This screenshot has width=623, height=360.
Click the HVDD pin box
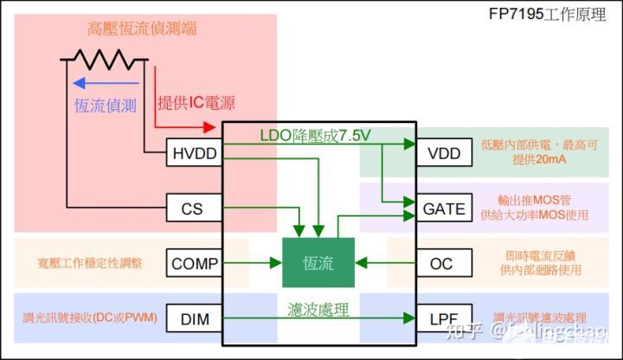(195, 153)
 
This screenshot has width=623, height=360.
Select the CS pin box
(195, 209)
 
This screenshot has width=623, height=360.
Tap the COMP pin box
(195, 263)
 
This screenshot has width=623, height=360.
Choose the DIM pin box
(195, 319)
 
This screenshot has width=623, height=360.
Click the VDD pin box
(444, 153)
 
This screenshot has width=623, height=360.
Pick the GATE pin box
(444, 209)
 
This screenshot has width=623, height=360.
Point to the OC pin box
(444, 263)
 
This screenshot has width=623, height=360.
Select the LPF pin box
(444, 319)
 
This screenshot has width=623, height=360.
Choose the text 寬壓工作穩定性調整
(84, 262)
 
